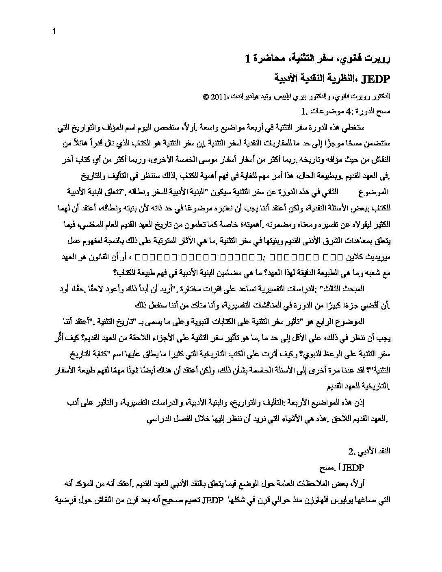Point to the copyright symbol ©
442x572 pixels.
click(205, 97)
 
